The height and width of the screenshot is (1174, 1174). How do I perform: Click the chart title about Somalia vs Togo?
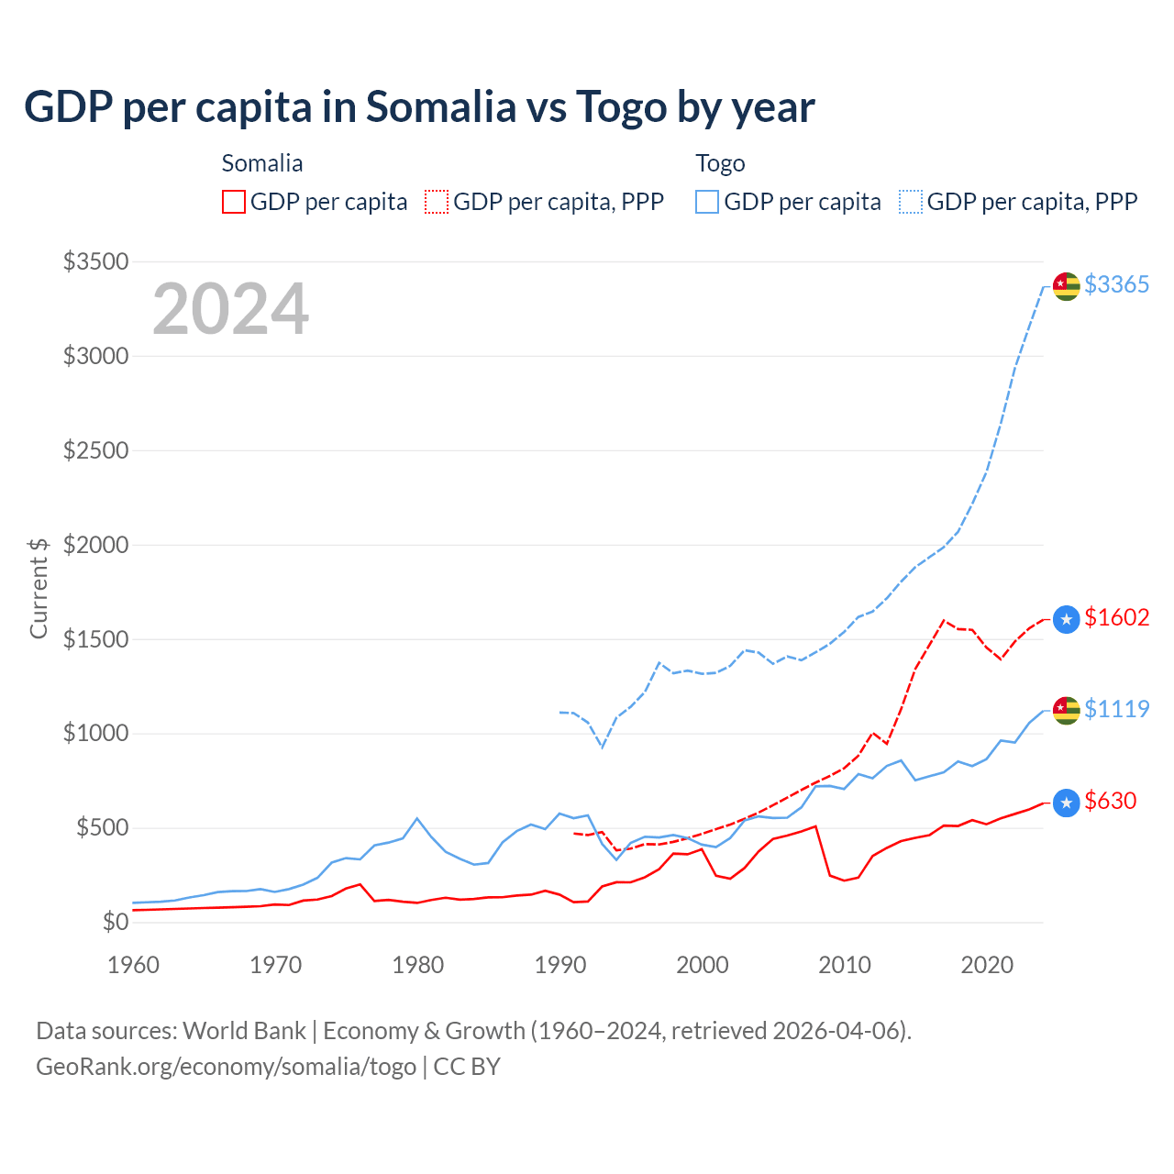pos(419,107)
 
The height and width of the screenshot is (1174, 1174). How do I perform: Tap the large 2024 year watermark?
pos(230,309)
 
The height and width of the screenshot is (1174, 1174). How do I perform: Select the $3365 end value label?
pos(1116,284)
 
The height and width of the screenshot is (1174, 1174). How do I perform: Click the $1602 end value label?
pos(1116,617)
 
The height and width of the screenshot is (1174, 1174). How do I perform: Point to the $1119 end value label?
pos(1116,709)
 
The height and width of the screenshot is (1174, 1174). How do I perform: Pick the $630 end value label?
pos(1110,801)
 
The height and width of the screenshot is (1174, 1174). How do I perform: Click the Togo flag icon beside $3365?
pos(1066,286)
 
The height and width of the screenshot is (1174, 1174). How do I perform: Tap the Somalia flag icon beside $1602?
pos(1066,620)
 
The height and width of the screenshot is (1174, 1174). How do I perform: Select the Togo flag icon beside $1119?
pos(1066,710)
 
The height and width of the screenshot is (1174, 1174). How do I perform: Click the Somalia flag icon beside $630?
pos(1066,803)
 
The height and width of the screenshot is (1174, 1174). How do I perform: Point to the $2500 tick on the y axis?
pos(95,450)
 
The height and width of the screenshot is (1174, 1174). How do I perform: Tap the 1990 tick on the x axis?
pos(560,965)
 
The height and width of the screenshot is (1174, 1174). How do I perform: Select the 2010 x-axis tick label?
pos(845,965)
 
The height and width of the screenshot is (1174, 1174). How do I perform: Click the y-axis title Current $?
pos(39,588)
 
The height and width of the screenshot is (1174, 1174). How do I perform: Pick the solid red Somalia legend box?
pos(234,202)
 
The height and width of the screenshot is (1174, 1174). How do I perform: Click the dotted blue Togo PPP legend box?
pos(911,202)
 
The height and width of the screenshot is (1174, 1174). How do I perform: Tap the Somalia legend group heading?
pos(262,163)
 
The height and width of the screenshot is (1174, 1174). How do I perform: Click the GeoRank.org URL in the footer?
pos(226,1067)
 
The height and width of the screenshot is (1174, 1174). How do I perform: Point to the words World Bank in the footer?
pos(244,1031)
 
